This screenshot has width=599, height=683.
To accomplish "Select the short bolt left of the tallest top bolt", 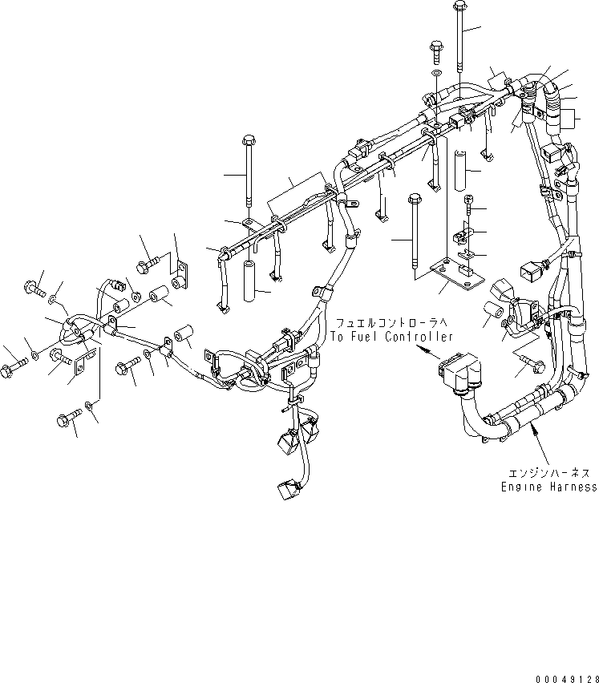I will (x=436, y=51).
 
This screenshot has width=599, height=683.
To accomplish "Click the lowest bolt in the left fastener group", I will (x=70, y=420).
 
